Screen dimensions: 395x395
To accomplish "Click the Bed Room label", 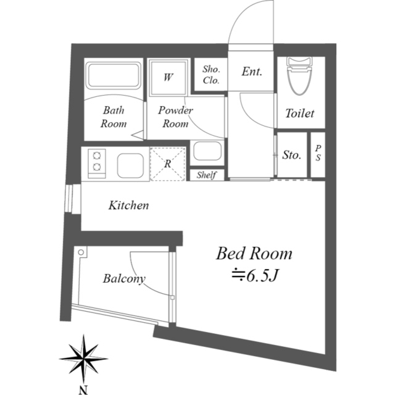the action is tap(254, 254).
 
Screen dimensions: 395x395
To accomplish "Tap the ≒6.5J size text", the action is tap(255, 276).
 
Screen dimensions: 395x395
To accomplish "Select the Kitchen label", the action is tap(129, 206).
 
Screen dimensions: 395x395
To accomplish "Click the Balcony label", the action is tap(124, 279).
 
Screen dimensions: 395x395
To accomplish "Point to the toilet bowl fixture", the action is tap(299, 76).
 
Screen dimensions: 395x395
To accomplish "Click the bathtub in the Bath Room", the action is tap(113, 75).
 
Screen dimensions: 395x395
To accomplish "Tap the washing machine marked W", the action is tap(168, 77).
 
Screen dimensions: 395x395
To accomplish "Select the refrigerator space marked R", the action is tap(168, 164).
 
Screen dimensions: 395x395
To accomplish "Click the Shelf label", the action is tap(207, 175).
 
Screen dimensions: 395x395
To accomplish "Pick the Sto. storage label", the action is tap(291, 155).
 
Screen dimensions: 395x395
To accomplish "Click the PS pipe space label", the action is tap(318, 152).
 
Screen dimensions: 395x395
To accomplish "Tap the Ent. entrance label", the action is tap(252, 72).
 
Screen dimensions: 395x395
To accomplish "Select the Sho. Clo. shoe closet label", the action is tap(211, 75).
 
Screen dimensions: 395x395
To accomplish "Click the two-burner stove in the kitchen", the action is tap(97, 164).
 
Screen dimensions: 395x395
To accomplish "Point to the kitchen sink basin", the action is tap(130, 165).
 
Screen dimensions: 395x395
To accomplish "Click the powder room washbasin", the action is tap(207, 151).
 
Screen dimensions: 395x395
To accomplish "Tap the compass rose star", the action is tap(84, 359).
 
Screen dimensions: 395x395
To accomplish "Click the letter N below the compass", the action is tap(83, 390).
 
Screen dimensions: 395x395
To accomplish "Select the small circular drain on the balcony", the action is tap(81, 252).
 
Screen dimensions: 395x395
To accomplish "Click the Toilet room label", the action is tap(300, 114).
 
